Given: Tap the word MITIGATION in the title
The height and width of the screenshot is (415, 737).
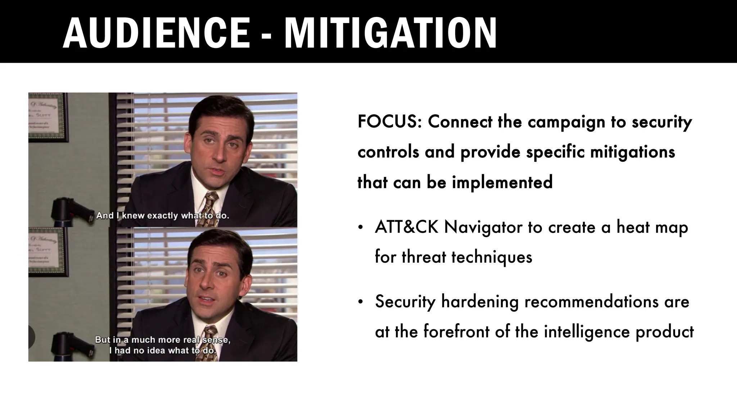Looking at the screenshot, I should pos(390,33).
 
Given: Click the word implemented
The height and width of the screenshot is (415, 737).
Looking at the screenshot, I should pos(502,182).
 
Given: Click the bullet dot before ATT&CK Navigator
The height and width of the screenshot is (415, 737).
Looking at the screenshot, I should pos(360,228).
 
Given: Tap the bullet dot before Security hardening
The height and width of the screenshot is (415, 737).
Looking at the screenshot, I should pos(360,302).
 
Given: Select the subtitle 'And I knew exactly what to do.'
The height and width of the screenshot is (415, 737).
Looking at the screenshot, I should pos(163,216).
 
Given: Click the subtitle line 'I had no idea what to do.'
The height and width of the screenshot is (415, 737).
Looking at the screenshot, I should pos(163,350).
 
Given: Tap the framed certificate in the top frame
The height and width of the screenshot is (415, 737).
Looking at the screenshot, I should pos(46,117).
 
